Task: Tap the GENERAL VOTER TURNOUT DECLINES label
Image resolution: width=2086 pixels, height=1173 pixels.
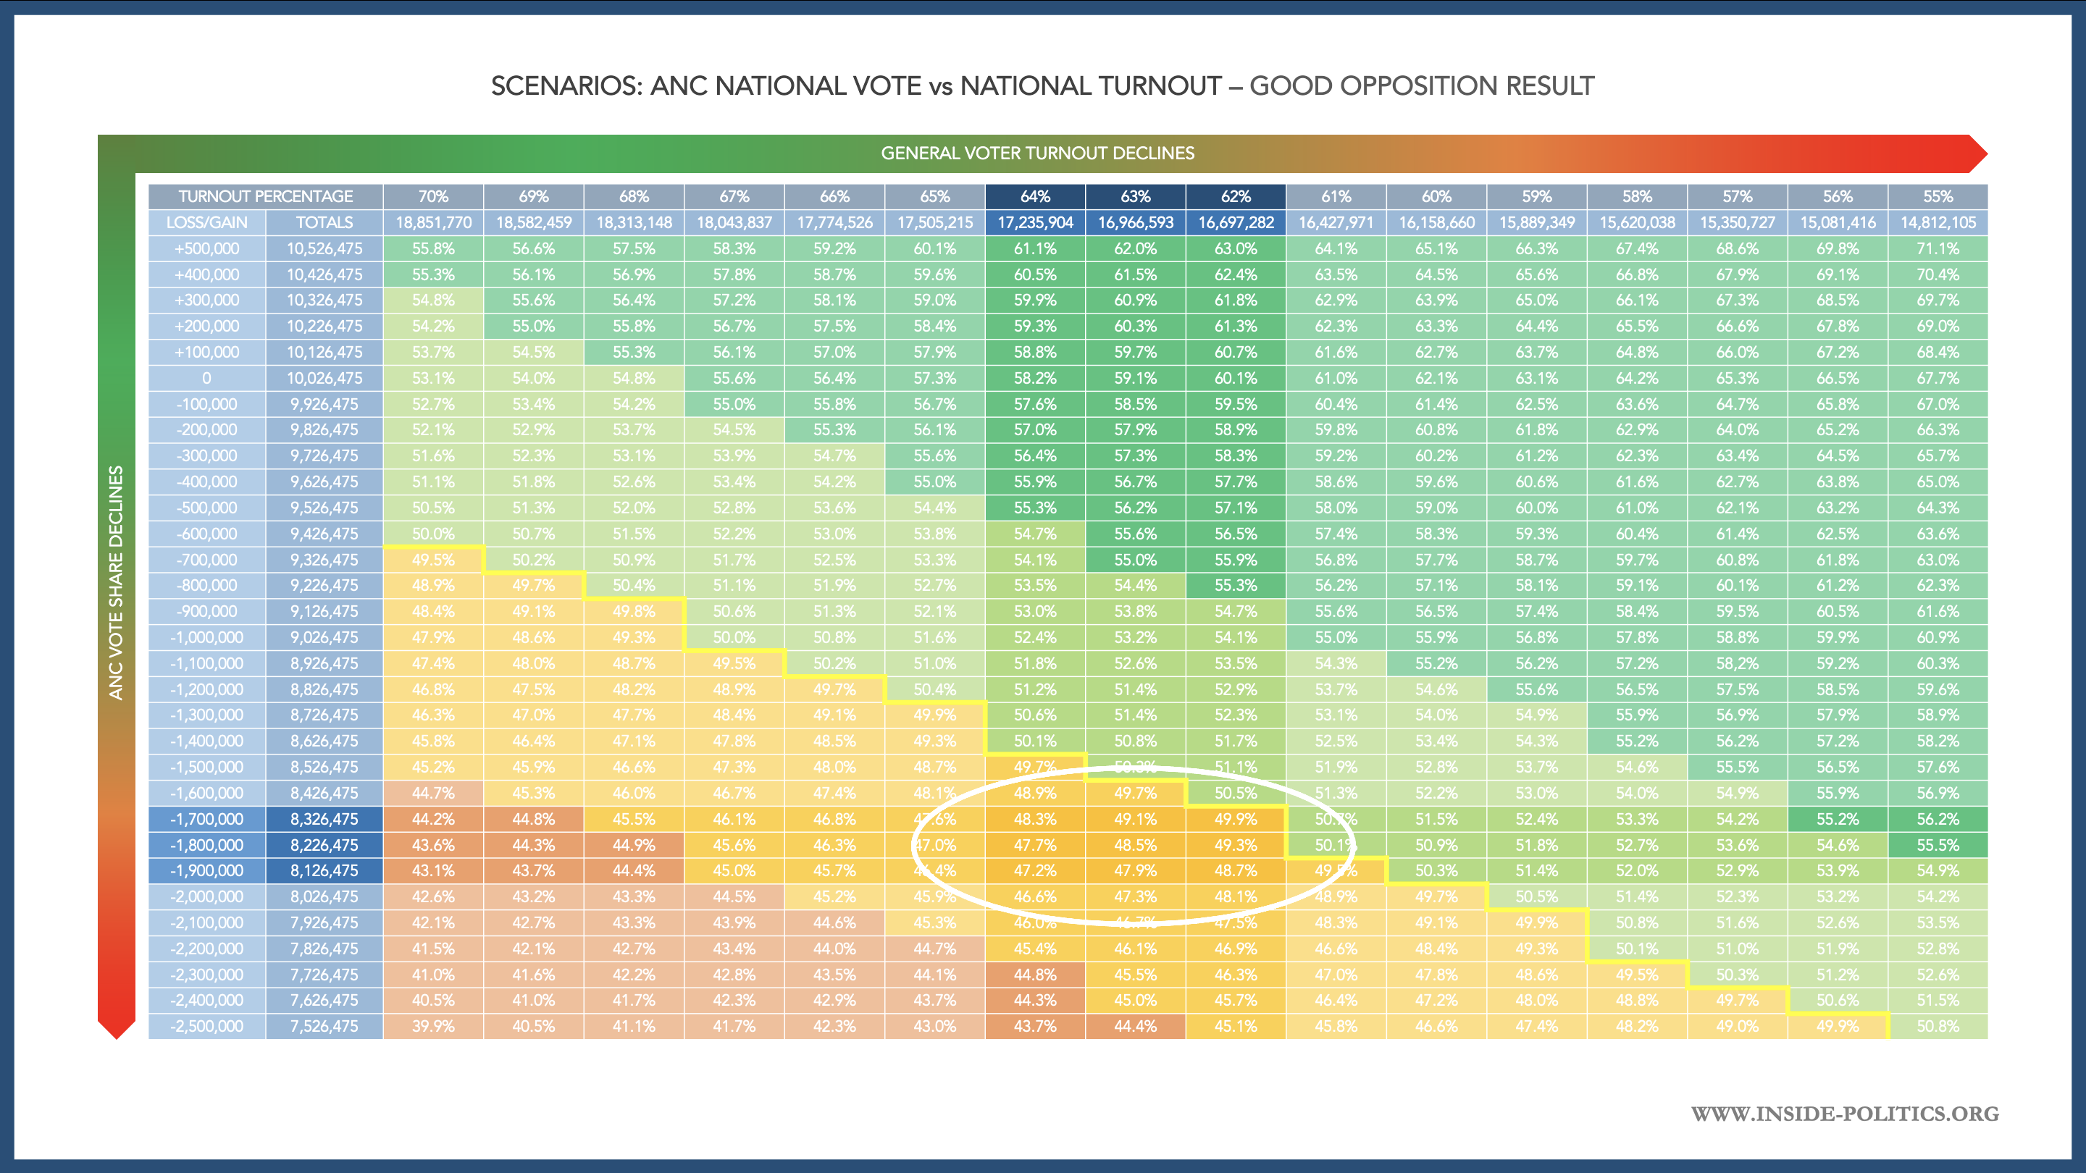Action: (x=1037, y=153)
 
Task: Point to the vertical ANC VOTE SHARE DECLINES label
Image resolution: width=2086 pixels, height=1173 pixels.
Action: (x=117, y=582)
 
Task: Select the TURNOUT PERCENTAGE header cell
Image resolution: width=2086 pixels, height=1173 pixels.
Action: (x=266, y=197)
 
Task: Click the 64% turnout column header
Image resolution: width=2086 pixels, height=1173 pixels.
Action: (x=1035, y=197)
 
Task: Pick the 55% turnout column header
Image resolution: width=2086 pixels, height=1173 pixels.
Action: (x=1937, y=197)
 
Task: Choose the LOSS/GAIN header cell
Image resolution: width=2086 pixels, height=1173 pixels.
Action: (x=206, y=222)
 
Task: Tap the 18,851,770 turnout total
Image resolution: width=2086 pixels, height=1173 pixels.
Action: (x=433, y=222)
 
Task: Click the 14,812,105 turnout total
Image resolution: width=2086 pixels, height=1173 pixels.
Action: (x=1938, y=222)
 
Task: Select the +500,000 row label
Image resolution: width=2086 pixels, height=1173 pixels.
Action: (x=206, y=248)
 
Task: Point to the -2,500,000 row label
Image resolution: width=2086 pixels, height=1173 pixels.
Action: (x=206, y=1026)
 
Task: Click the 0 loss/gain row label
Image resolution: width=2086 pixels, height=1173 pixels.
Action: (x=206, y=378)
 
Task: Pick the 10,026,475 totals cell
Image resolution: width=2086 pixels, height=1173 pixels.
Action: (x=324, y=378)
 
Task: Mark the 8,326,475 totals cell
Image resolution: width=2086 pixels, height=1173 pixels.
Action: (x=324, y=818)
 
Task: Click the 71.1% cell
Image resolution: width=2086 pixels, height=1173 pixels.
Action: (x=1938, y=248)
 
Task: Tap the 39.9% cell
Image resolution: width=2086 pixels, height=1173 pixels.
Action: (x=433, y=1026)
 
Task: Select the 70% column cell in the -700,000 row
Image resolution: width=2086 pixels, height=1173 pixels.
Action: (x=433, y=560)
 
